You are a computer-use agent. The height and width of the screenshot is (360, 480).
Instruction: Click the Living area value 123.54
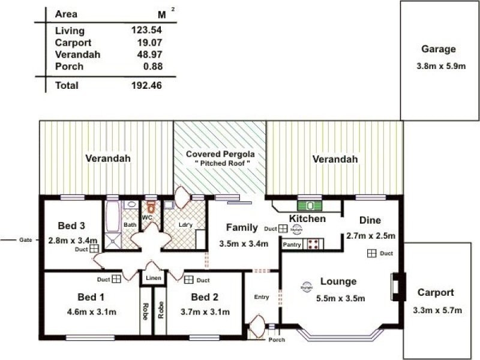pos(146,31)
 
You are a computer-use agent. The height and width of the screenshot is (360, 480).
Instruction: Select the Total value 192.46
pos(146,86)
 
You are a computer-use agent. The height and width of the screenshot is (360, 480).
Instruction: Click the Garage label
pos(438,50)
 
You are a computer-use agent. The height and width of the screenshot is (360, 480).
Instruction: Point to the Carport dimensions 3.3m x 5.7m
pos(437,310)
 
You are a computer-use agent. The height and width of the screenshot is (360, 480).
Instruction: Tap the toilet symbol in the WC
pos(152,207)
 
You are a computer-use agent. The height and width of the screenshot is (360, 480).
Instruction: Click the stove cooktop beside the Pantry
pos(313,244)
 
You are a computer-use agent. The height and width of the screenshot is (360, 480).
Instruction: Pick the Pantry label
pos(292,245)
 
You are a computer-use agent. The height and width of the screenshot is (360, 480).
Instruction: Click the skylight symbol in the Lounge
pos(307,286)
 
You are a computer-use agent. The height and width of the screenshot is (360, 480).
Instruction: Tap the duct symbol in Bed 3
pos(94,248)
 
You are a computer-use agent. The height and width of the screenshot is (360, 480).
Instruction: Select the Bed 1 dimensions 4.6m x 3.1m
pos(92,311)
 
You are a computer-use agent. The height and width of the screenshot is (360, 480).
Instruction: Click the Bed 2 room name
pos(205,298)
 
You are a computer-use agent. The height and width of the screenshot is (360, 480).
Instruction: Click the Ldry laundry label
pos(184,225)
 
